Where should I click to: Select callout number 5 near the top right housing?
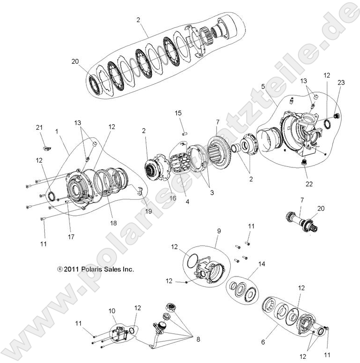tap(263, 87)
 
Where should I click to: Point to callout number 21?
tap(39, 127)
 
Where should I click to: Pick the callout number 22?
tap(308, 183)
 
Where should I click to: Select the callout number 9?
tap(218, 231)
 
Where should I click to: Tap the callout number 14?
tap(261, 264)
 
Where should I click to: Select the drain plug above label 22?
tap(304, 163)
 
